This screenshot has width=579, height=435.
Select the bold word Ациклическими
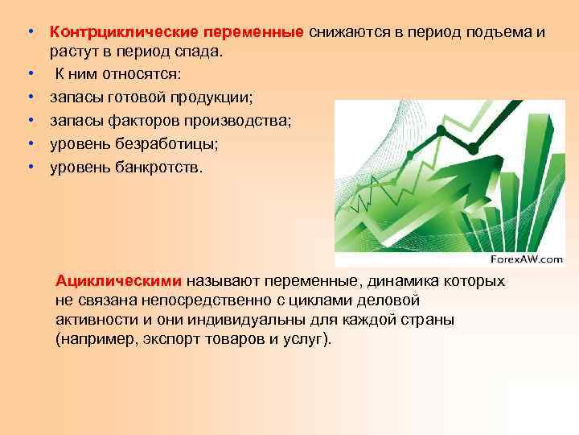click(120, 281)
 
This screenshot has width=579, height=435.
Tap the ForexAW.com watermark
click(527, 259)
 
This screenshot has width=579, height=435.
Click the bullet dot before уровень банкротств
click(29, 168)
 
